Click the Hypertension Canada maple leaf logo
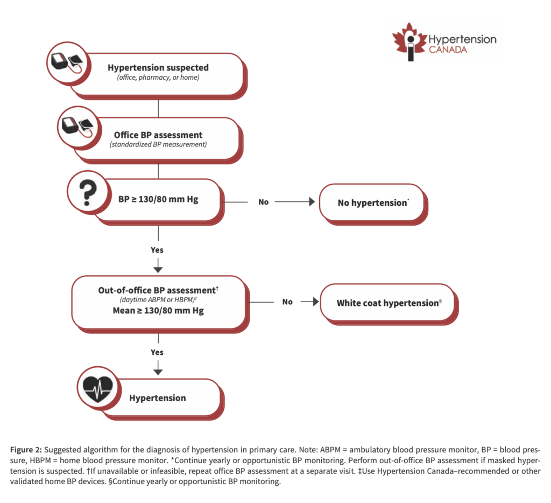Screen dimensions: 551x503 [409, 41]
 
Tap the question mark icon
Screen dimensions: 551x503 [88, 192]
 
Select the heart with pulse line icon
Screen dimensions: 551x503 [98, 389]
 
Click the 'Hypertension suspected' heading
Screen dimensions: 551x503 [158, 67]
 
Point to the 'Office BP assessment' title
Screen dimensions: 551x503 [158, 135]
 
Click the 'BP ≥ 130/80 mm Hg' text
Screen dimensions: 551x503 [158, 199]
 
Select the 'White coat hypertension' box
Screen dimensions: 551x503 [388, 303]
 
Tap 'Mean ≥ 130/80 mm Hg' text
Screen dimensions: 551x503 [158, 311]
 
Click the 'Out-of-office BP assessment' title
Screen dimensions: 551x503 [158, 290]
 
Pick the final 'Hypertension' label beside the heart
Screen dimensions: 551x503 [158, 398]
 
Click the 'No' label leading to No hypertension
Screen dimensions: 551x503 [264, 202]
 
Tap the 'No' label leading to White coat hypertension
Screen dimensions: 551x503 [287, 302]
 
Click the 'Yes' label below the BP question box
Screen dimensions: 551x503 [157, 250]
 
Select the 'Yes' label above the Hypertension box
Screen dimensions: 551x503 [157, 352]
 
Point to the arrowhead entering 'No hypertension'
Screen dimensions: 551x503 [312, 202]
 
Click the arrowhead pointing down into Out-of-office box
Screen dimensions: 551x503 [158, 270]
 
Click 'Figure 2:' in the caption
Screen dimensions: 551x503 [26, 450]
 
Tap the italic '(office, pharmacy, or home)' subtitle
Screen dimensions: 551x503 [158, 78]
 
